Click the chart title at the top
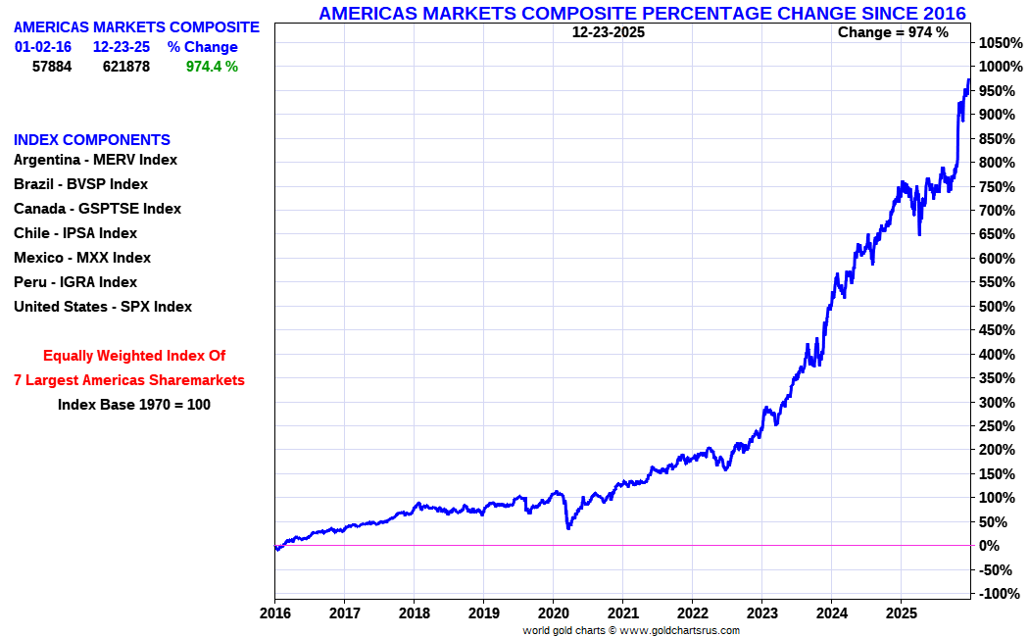[x=642, y=13]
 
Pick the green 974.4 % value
[x=212, y=67]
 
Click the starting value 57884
[x=52, y=67]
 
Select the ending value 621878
[x=126, y=67]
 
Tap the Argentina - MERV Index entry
[x=95, y=160]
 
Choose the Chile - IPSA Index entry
[x=75, y=233]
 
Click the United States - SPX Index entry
[x=103, y=307]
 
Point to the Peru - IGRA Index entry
[x=75, y=282]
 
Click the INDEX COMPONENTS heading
[x=92, y=140]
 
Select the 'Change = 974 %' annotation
[x=893, y=32]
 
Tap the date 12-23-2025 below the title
[x=609, y=32]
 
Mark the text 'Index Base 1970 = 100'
[x=134, y=404]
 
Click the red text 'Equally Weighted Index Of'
[x=134, y=356]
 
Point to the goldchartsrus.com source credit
[x=630, y=630]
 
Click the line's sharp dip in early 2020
[x=568, y=528]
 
